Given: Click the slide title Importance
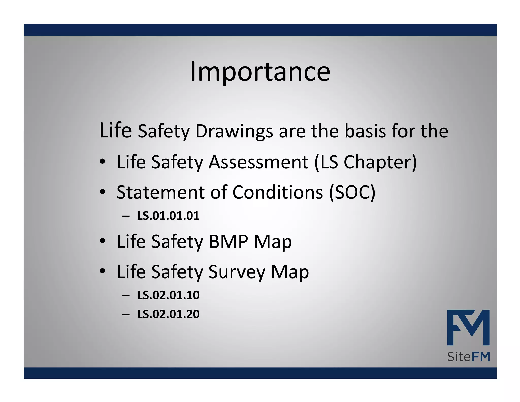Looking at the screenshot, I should coord(260,72).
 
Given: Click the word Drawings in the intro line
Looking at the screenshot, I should coord(234,131).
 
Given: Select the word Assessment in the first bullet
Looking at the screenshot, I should coord(258,162).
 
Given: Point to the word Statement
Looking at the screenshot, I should coord(160,192).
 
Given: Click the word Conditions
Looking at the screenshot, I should coord(278,192).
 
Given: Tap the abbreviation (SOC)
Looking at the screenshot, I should coord(352,192).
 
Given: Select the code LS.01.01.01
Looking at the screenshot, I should coord(168,216).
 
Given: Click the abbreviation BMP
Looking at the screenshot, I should coord(228,241).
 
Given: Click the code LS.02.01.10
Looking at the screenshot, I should coord(168,295).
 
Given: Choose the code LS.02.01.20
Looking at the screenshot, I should coord(168,314).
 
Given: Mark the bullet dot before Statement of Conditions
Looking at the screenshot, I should coord(102,192).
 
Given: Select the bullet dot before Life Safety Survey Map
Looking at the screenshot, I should coord(102,271).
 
